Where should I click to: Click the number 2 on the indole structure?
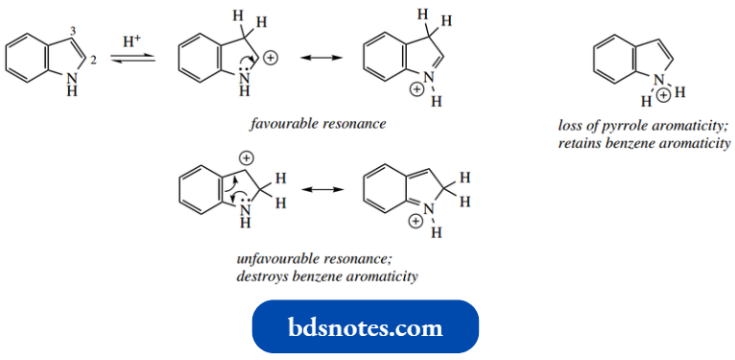click(x=94, y=60)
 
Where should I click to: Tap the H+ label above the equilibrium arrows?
click(x=133, y=42)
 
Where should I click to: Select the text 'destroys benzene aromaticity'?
click(x=327, y=276)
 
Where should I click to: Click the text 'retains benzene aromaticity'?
click(x=643, y=143)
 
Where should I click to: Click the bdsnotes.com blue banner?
click(x=365, y=326)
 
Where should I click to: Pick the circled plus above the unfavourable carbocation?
click(x=247, y=156)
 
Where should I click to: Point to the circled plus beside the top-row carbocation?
click(x=270, y=59)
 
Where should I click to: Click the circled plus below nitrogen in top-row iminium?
click(x=416, y=89)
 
